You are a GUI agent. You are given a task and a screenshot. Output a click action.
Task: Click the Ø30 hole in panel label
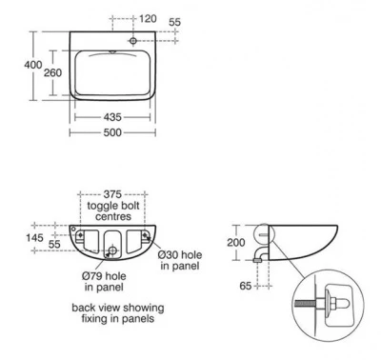click(177, 260)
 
